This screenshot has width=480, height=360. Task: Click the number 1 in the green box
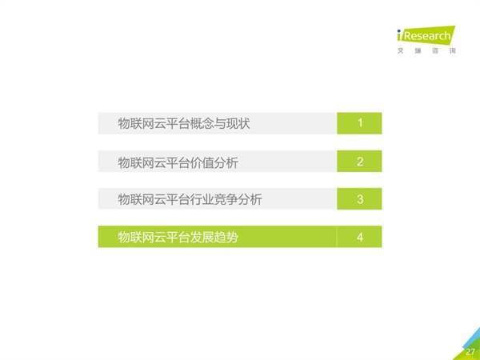pos(360,123)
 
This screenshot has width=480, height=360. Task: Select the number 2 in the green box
pos(360,162)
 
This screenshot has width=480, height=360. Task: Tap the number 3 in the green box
pos(360,199)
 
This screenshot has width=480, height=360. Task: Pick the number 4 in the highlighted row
pos(360,238)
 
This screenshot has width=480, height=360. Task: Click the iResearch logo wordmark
pos(426,35)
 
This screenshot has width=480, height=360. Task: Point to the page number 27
pos(470,352)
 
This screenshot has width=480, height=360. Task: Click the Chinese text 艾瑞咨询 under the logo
pos(426,51)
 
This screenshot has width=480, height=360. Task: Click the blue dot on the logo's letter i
pos(399,31)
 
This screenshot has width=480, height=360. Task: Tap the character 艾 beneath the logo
pos(401,51)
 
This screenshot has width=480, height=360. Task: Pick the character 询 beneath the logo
pos(453,51)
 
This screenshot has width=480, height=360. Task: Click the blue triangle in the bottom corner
pos(473,338)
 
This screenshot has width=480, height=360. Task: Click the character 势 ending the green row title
pos(232,238)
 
